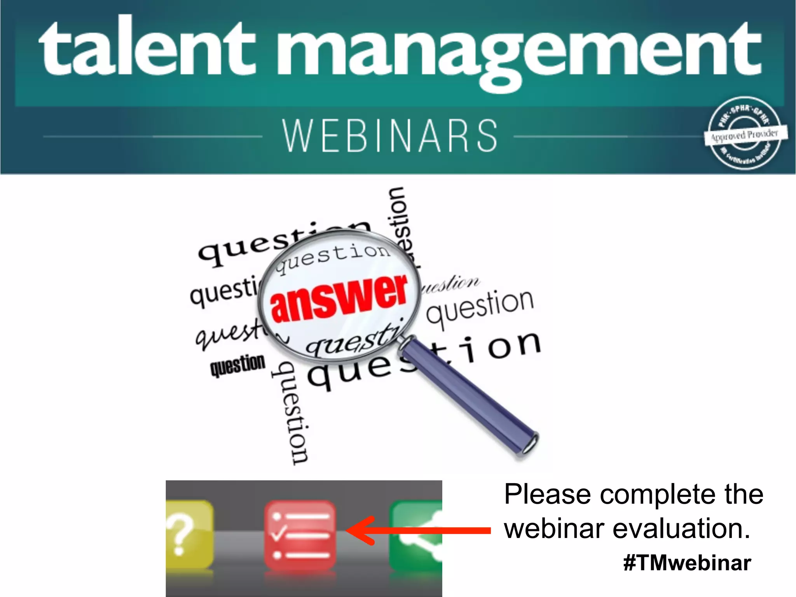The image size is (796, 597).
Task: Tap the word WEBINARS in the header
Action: coord(390,136)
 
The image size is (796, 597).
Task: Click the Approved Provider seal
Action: coord(745,134)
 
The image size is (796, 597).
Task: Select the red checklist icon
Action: coord(300,535)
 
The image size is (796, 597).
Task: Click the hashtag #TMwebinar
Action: coord(687,563)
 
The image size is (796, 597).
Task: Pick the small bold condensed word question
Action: coord(238,365)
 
